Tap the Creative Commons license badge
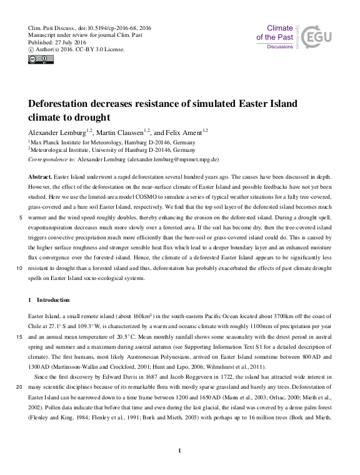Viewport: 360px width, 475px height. click(41, 59)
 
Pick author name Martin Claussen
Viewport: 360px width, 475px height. click(121, 132)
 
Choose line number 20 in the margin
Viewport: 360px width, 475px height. click(21, 387)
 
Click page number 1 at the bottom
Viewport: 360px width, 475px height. click(180, 451)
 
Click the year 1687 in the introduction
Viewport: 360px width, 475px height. click(156, 377)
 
